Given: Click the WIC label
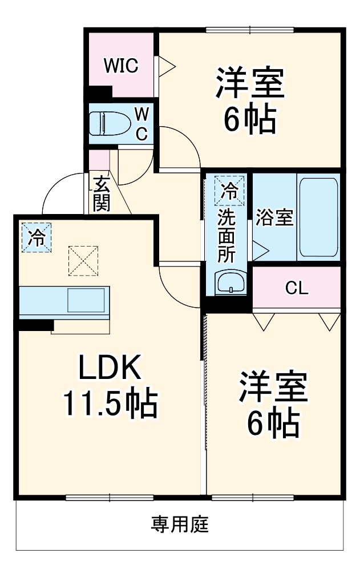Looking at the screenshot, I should pyautogui.click(x=120, y=66).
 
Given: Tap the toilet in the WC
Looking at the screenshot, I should pyautogui.click(x=108, y=123).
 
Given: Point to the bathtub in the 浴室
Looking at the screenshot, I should pyautogui.click(x=318, y=217).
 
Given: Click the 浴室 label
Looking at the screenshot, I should pyautogui.click(x=274, y=217).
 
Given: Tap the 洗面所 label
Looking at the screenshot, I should pyautogui.click(x=226, y=235).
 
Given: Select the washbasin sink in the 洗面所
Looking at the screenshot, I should pyautogui.click(x=229, y=281).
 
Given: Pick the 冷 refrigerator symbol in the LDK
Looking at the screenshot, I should pyautogui.click(x=36, y=237).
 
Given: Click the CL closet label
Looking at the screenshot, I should pyautogui.click(x=297, y=288).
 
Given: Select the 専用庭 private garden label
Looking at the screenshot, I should pyautogui.click(x=180, y=523).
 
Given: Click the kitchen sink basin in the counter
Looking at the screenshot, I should pyautogui.click(x=86, y=300).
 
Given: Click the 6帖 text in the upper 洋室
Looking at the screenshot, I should pyautogui.click(x=249, y=118).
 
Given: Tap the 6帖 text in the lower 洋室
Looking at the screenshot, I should pyautogui.click(x=273, y=422).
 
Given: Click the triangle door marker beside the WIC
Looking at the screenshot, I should pyautogui.click(x=165, y=66).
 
